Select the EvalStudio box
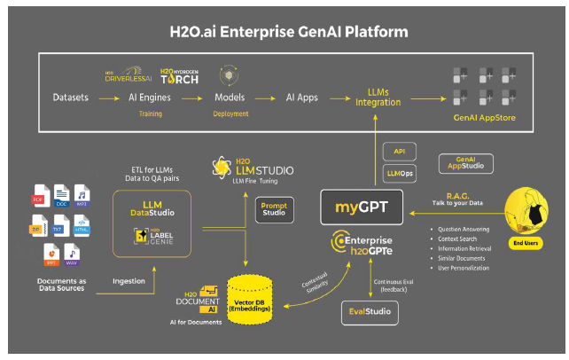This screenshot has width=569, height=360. pos(370,312)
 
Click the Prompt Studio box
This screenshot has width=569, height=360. pos(274,208)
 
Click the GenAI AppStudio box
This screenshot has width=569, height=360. pos(466,162)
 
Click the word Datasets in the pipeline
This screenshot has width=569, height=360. pos(70,97)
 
